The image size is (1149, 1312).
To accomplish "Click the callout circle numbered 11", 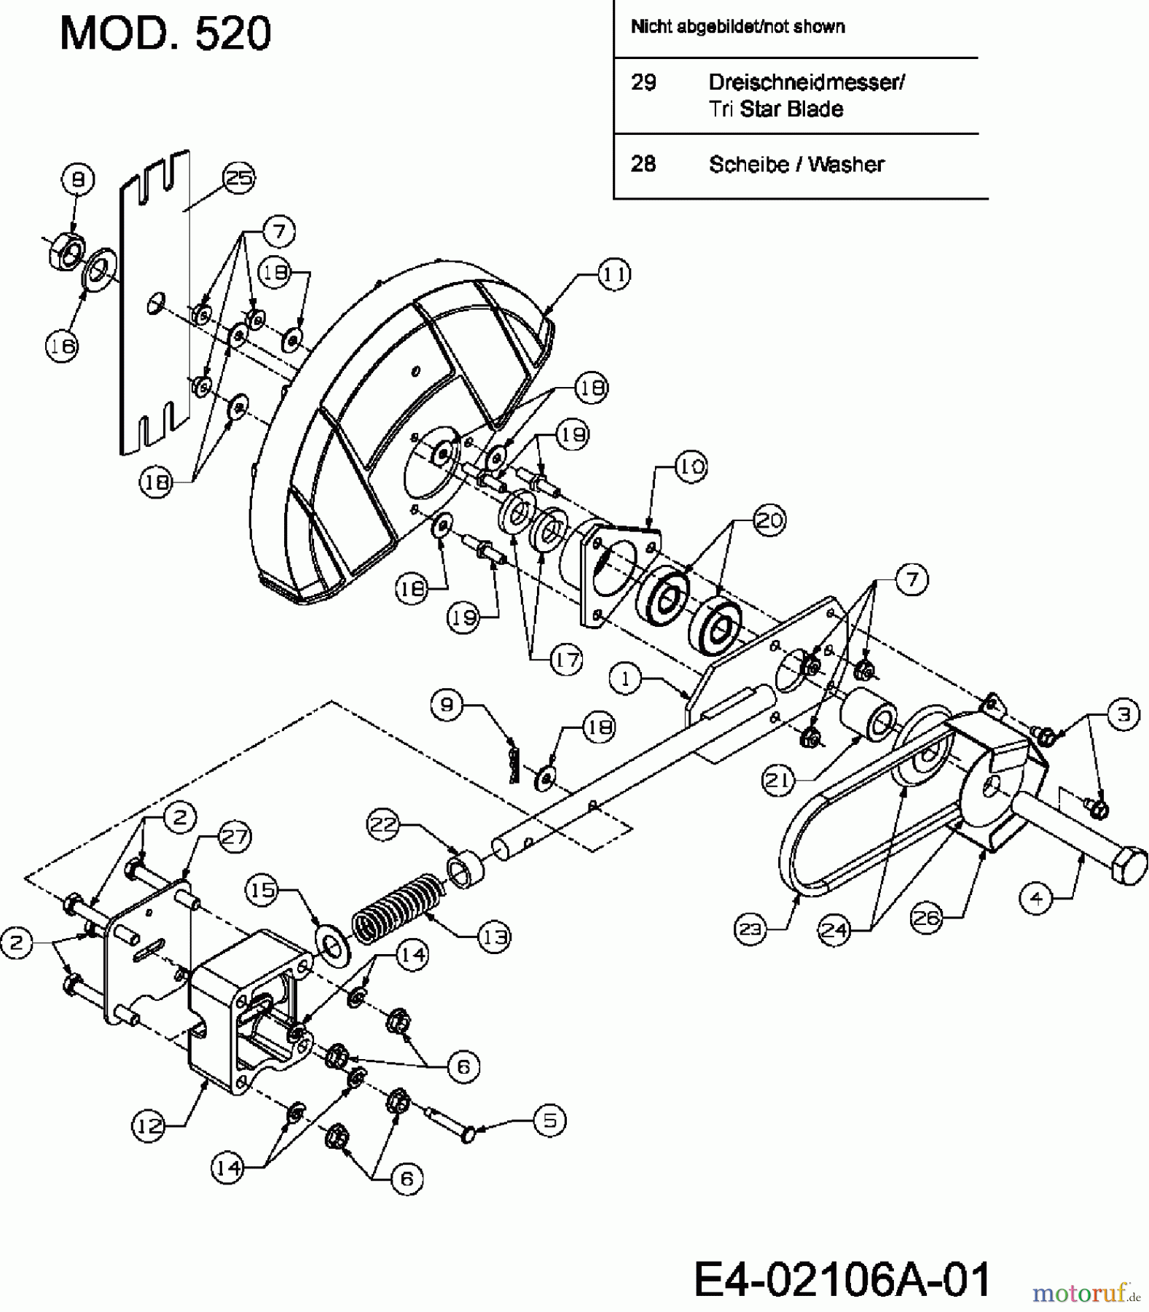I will [x=613, y=276].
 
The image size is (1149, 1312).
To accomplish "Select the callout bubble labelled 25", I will [x=240, y=178].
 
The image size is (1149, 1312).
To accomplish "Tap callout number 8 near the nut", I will [x=78, y=179].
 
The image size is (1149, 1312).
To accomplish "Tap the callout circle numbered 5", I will [x=550, y=1120].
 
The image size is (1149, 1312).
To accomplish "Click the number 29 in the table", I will [x=643, y=82].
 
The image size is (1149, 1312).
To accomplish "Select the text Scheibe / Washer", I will [x=796, y=165].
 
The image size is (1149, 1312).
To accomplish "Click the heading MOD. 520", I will [x=165, y=34].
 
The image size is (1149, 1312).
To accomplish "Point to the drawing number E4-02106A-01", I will [x=842, y=1278].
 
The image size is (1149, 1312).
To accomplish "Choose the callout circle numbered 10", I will [x=691, y=466].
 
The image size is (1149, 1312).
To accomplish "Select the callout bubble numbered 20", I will [x=769, y=520].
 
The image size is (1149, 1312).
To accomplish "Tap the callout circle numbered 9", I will [x=447, y=704].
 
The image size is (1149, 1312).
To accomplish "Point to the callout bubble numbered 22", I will [x=385, y=825].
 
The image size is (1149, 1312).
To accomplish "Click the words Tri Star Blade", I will [x=776, y=109].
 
